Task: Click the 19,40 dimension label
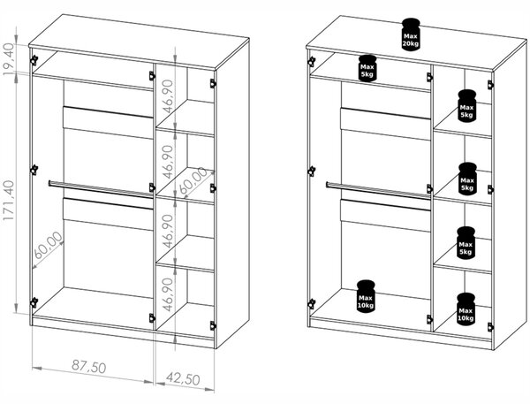tap(9, 59)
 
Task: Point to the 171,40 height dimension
tap(9, 201)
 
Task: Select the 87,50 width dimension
tap(88, 367)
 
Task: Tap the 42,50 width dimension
tap(183, 379)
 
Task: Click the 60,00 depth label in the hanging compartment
tap(49, 245)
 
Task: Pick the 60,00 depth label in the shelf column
tap(193, 180)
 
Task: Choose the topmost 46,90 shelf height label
tap(168, 96)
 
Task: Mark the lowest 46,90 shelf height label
tap(168, 294)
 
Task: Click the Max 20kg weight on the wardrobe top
tap(411, 34)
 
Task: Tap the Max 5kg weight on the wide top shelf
tap(367, 68)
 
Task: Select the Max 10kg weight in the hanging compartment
tap(366, 295)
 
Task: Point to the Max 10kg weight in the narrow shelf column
tap(466, 309)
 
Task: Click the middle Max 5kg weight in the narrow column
tap(467, 179)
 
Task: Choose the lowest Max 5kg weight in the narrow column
tap(466, 243)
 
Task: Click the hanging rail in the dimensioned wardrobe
tap(101, 188)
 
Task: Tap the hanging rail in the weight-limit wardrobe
tap(378, 189)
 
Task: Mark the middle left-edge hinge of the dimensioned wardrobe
tap(34, 170)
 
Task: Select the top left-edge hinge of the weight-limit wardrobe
tap(311, 61)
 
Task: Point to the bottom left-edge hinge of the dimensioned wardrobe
tap(34, 302)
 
